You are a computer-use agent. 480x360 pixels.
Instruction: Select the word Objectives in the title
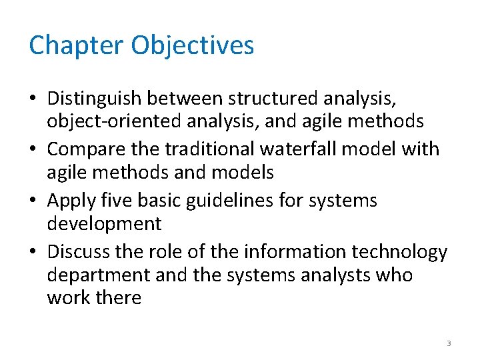193,45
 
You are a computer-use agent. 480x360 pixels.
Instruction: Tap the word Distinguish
93,99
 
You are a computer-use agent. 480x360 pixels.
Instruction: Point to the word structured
273,99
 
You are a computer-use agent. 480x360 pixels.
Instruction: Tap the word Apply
70,200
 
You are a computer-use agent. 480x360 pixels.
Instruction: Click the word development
104,223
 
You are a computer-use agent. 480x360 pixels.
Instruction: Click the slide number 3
449,343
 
